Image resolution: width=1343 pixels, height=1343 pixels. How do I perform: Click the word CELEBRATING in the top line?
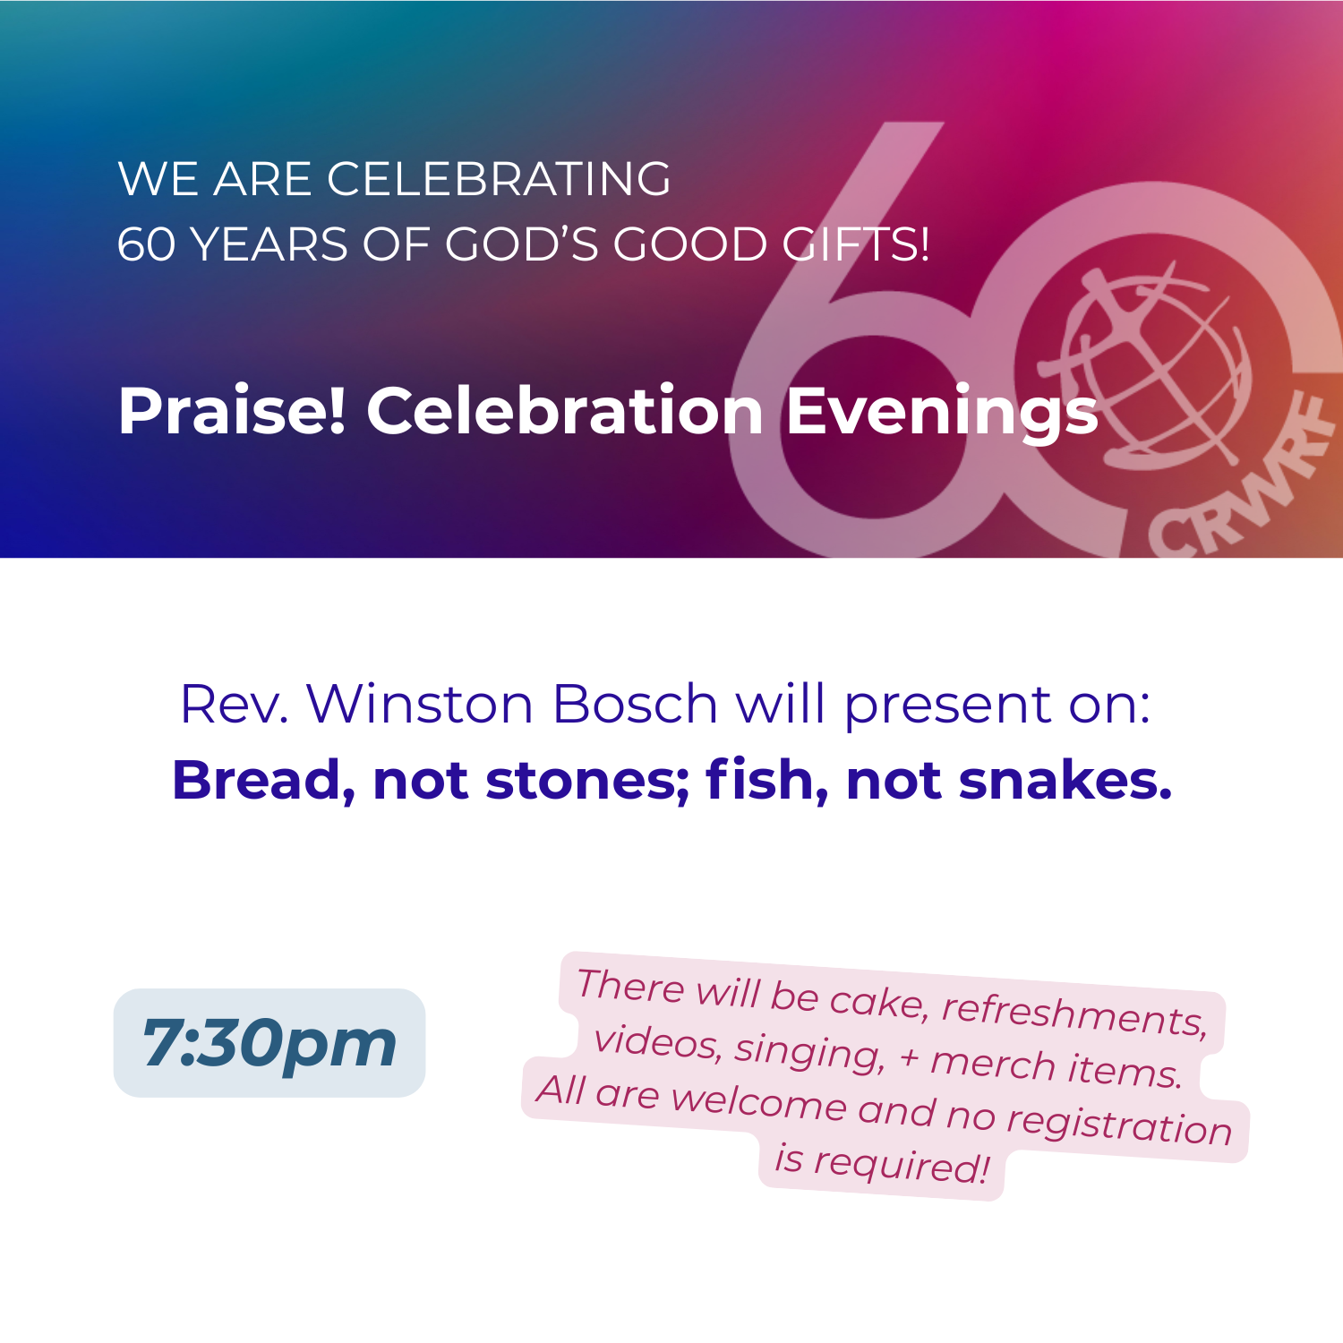(x=499, y=179)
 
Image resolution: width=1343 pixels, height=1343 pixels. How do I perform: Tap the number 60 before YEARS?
(x=146, y=244)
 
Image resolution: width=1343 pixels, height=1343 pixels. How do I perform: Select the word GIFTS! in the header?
(x=857, y=244)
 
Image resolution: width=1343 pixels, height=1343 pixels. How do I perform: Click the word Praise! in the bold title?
(x=232, y=411)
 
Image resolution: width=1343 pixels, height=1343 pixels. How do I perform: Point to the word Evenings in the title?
(x=942, y=411)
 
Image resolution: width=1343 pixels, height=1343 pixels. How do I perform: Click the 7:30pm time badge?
(x=269, y=1043)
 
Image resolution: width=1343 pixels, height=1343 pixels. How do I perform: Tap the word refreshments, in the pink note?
(x=1074, y=1014)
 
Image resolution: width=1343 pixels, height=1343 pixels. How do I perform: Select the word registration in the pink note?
(x=1119, y=1124)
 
